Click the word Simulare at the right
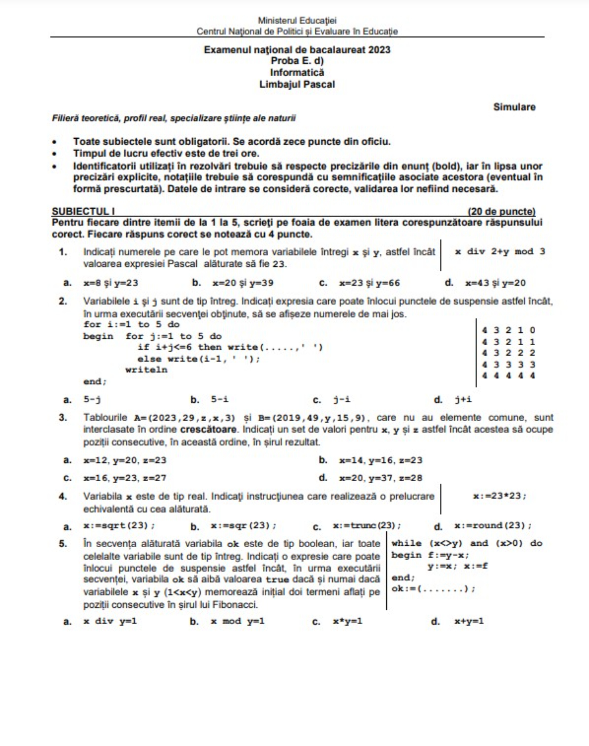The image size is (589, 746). pyautogui.click(x=514, y=107)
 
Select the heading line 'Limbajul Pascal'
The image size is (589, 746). pyautogui.click(x=297, y=84)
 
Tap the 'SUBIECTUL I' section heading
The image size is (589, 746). pyautogui.click(x=83, y=211)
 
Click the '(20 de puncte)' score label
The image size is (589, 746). pyautogui.click(x=501, y=211)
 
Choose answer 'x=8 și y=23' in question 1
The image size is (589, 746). pyautogui.click(x=110, y=283)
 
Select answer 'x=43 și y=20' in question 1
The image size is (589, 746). pyautogui.click(x=495, y=283)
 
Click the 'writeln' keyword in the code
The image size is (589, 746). pyautogui.click(x=146, y=370)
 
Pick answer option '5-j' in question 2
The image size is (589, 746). pyautogui.click(x=92, y=400)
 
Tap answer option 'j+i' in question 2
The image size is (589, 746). pyautogui.click(x=463, y=400)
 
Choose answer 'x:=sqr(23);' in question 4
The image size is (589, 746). pyautogui.click(x=243, y=526)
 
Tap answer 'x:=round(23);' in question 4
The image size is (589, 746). pyautogui.click(x=493, y=526)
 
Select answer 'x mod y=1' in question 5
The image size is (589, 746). pyautogui.click(x=237, y=621)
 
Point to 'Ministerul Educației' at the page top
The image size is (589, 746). pyautogui.click(x=297, y=20)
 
